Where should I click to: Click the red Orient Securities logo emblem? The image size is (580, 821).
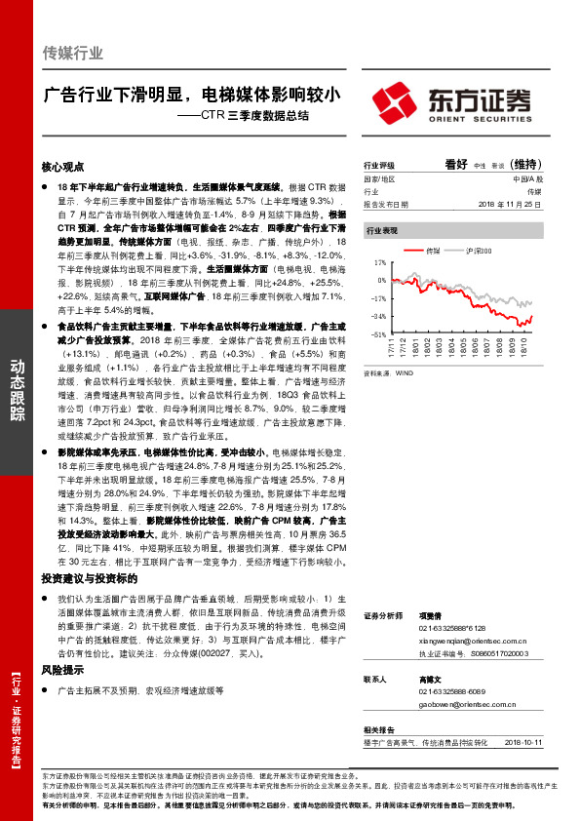pyautogui.click(x=399, y=100)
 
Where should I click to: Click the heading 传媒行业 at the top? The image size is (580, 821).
pyautogui.click(x=73, y=53)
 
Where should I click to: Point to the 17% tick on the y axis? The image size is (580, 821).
pyautogui.click(x=380, y=261)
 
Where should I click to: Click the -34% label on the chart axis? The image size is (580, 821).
pyautogui.click(x=378, y=316)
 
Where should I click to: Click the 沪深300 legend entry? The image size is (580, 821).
pyautogui.click(x=478, y=252)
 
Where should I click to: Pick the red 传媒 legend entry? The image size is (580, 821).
pyautogui.click(x=433, y=252)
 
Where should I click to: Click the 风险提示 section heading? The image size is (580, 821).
pyautogui.click(x=62, y=670)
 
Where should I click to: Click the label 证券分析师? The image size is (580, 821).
pyautogui.click(x=381, y=617)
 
